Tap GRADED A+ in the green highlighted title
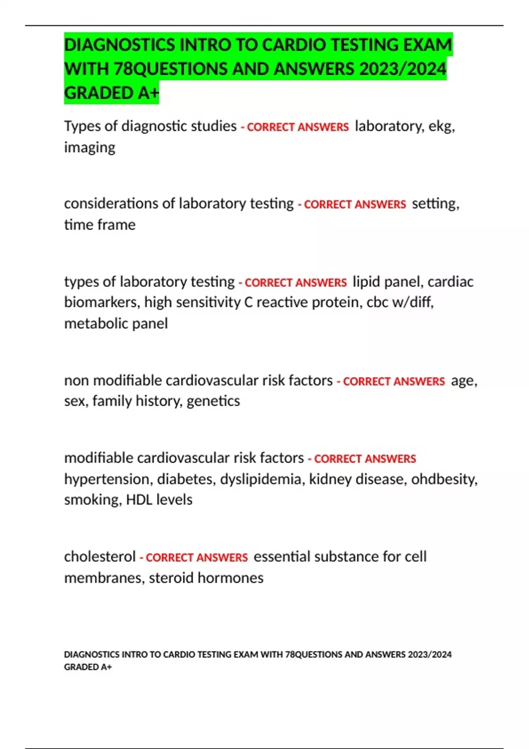point(112,93)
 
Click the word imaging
point(89,148)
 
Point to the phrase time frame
point(100,225)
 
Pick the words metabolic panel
point(116,324)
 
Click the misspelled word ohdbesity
point(443,479)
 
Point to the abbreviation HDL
point(139,500)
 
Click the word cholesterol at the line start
point(100,557)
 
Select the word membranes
point(104,578)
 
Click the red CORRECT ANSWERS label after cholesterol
point(196,558)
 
